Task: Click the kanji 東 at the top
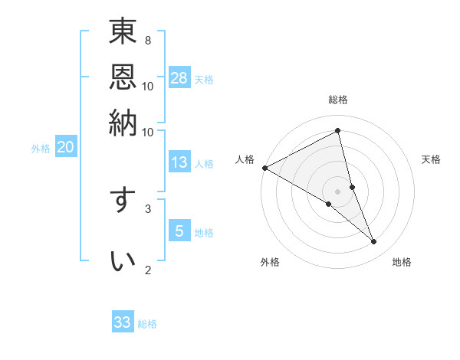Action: (123, 32)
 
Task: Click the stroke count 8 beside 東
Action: (148, 40)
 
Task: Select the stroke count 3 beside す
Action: (148, 208)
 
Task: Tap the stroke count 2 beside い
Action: (148, 270)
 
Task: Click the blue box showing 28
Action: (179, 77)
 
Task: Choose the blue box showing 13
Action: (179, 162)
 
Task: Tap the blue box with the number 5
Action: (179, 230)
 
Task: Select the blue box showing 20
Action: (65, 148)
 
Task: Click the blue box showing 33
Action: (123, 322)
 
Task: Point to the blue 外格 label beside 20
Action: (41, 149)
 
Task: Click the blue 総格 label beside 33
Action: (147, 324)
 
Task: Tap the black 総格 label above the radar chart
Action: (337, 100)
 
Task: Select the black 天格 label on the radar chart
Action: (432, 159)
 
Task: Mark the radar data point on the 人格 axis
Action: (264, 168)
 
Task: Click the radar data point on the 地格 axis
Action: (374, 242)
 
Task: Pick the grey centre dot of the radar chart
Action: (337, 191)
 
